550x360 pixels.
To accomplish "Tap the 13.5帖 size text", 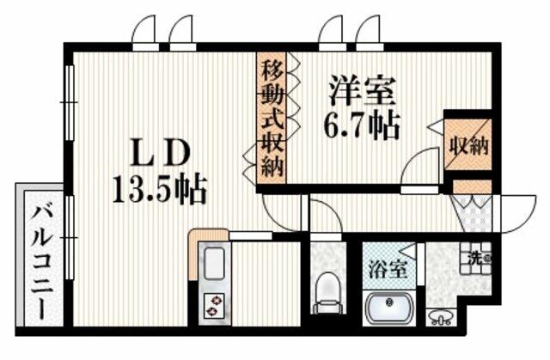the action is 159,190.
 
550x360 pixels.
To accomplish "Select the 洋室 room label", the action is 362,90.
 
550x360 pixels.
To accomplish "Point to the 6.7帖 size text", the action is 361,125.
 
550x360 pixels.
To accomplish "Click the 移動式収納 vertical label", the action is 272,118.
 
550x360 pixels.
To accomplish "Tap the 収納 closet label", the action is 469,146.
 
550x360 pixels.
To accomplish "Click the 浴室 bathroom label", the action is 388,271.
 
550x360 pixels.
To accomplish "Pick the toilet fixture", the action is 327,294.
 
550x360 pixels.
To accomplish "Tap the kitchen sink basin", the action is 214,264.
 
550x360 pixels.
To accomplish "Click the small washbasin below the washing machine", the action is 441,318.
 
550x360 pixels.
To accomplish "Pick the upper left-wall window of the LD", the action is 70,103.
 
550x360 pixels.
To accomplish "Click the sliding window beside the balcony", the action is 70,237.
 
